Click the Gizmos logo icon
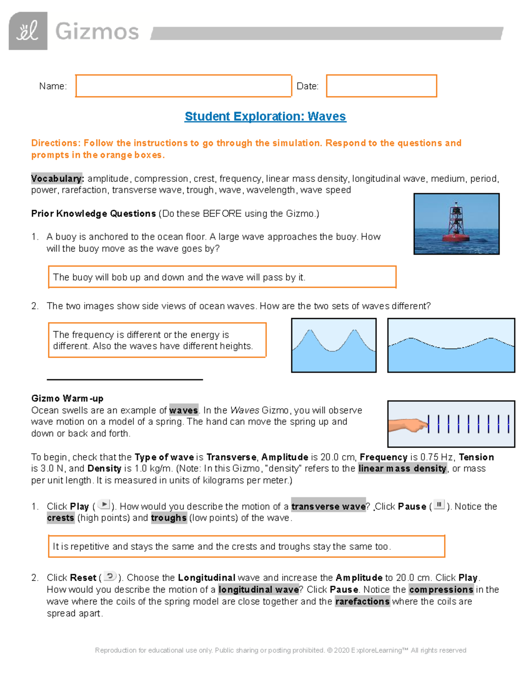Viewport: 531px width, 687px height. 28,31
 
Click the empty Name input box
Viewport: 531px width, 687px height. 183,86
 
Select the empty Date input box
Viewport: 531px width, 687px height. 381,86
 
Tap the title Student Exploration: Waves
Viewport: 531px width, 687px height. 265,116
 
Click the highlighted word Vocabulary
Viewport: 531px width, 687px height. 57,179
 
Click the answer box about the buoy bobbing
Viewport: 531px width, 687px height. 222,277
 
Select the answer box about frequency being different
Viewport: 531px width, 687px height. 157,340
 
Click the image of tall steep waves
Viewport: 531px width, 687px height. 334,345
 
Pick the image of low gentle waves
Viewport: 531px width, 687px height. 451,345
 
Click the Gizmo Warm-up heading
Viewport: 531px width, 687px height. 67,399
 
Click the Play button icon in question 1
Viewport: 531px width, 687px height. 104,505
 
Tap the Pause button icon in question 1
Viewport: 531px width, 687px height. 439,505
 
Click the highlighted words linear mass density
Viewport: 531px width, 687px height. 402,469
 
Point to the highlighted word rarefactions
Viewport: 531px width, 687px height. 362,602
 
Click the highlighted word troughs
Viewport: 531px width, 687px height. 169,518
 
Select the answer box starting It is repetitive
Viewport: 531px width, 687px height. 246,547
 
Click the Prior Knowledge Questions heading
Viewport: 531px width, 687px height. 93,214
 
